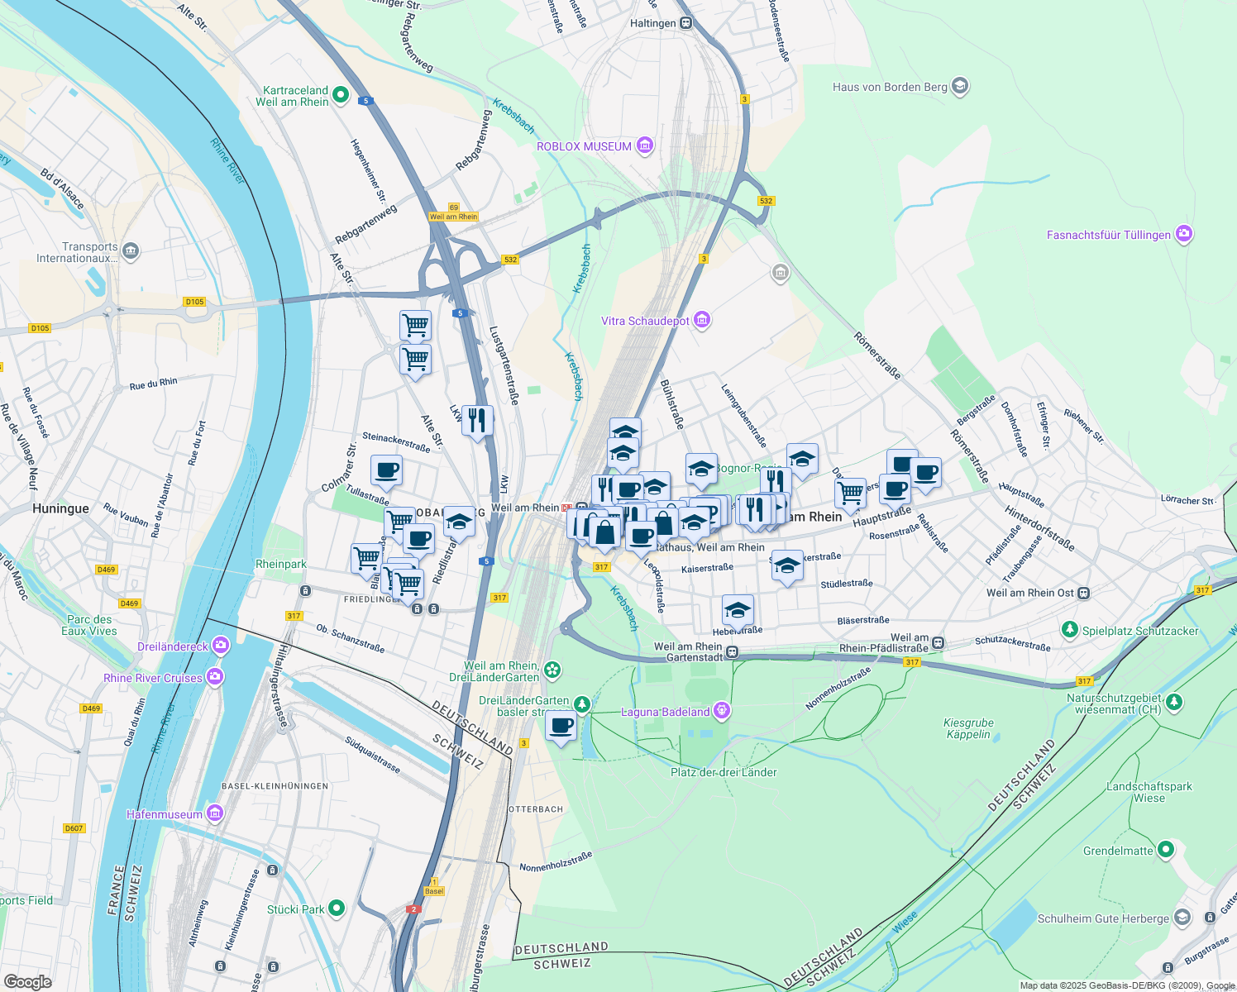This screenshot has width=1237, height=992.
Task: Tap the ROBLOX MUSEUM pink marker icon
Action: tap(645, 146)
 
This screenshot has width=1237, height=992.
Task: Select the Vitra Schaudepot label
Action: tap(645, 321)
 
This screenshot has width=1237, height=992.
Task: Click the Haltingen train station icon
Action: tap(685, 23)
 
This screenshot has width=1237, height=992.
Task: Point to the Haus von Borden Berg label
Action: tap(890, 87)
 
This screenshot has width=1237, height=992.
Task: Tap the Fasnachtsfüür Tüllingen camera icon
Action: tap(1184, 235)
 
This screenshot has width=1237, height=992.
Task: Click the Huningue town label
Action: tap(60, 508)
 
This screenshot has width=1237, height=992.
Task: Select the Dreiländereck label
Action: tap(173, 646)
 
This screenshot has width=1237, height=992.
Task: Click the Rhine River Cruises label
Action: tap(153, 678)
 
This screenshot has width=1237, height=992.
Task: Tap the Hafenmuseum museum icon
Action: tap(215, 814)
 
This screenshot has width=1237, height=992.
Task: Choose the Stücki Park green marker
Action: tap(337, 909)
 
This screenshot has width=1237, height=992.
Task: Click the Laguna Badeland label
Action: tap(665, 712)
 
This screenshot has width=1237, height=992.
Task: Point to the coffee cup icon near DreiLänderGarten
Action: tap(561, 727)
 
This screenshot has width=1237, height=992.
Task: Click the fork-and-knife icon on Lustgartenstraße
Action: tap(477, 421)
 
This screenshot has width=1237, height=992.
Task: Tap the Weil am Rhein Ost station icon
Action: tap(1084, 593)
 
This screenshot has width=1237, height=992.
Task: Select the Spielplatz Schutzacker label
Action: tap(1140, 631)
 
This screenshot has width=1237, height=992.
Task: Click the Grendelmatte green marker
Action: tap(1166, 850)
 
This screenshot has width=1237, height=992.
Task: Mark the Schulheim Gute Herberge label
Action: tap(1103, 918)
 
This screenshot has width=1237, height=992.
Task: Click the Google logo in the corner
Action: tap(27, 981)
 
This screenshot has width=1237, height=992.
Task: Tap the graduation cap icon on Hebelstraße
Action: tap(737, 611)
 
